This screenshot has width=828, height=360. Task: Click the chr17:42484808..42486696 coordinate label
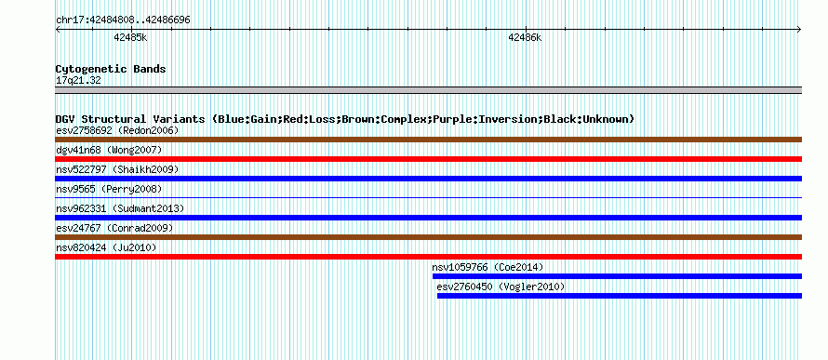pos(123,20)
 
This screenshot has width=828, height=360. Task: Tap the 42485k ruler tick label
pos(130,37)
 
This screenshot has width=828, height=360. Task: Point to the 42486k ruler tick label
pos(525,37)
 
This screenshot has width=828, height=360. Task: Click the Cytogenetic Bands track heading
pos(111,69)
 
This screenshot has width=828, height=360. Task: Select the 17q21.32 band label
pos(78,80)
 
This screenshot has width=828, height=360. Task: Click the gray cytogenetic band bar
pos(428,90)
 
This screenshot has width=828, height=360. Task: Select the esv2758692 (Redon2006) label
pos(117,130)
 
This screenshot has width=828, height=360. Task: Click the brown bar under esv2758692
pos(428,140)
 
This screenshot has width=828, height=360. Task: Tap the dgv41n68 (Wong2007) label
pos(109,150)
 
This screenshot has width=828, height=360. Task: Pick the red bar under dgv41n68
pos(428,159)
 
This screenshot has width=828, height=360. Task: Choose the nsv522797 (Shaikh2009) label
pos(117,169)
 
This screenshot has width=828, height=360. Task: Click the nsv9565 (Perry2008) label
pos(109,189)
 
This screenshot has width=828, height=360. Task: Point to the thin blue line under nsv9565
pos(428,197)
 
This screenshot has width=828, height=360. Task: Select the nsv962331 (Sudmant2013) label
pos(120,208)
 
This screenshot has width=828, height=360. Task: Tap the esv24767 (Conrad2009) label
pos(114,228)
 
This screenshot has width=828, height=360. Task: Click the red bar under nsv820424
pos(428,257)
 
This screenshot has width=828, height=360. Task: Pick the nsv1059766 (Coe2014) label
pos(487,267)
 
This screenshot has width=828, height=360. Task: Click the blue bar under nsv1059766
pos(618,276)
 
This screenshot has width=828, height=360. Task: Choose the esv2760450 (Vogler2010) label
pos(501,287)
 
